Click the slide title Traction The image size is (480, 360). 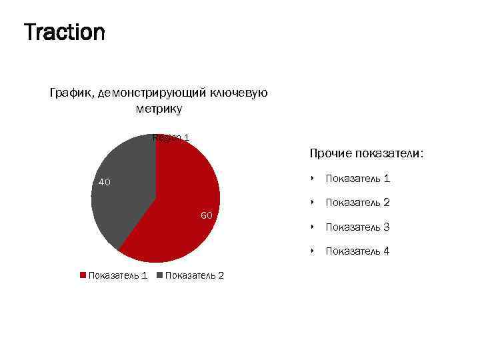pyautogui.click(x=64, y=32)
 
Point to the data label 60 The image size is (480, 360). pyautogui.click(x=206, y=215)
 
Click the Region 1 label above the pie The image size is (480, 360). pyautogui.click(x=171, y=138)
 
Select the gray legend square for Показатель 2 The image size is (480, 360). pyautogui.click(x=159, y=275)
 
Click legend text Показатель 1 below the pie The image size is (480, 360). pyautogui.click(x=118, y=275)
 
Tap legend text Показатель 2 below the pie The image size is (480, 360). pyautogui.click(x=194, y=275)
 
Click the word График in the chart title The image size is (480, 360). pyautogui.click(x=71, y=93)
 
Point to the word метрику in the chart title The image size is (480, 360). pyautogui.click(x=158, y=109)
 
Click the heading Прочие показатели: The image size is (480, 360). pyautogui.click(x=366, y=153)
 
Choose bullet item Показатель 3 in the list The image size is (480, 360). pyautogui.click(x=357, y=227)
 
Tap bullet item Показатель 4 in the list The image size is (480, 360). pyautogui.click(x=357, y=251)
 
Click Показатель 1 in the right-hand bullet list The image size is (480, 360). pyautogui.click(x=357, y=178)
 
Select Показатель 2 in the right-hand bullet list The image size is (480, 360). pyautogui.click(x=357, y=202)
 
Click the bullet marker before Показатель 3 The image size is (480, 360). pyautogui.click(x=312, y=227)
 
